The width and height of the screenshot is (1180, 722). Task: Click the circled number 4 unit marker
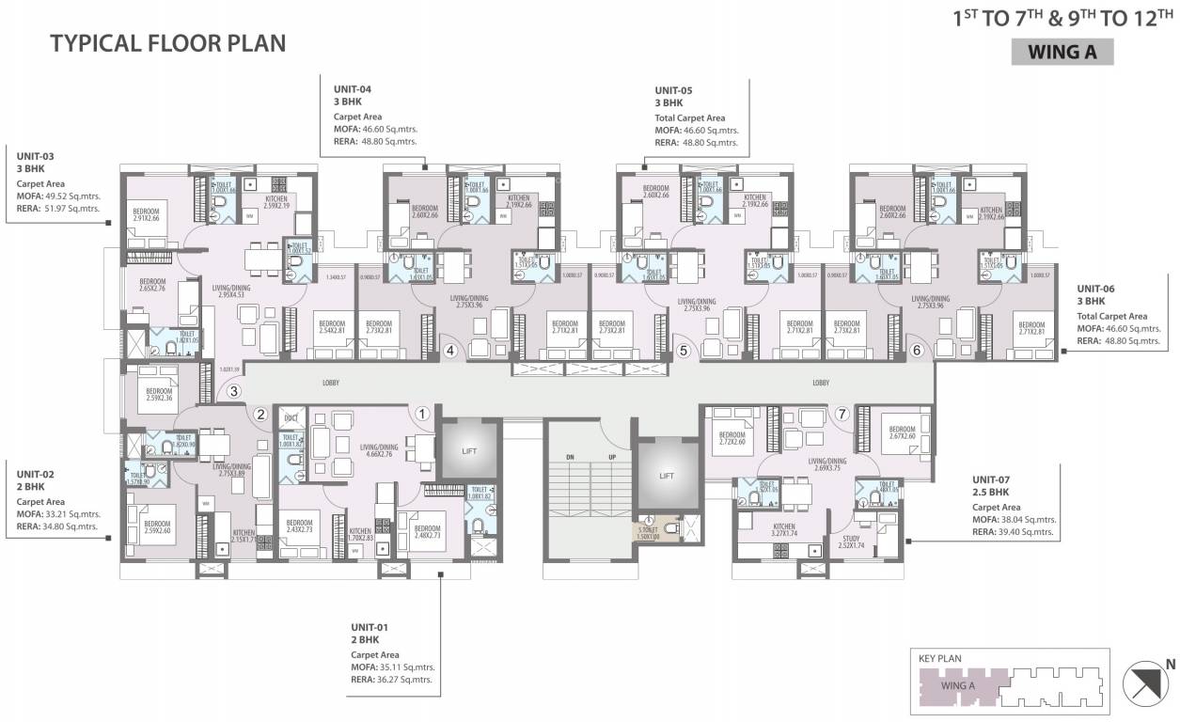pos(450,352)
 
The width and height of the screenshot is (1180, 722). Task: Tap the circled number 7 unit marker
pos(842,413)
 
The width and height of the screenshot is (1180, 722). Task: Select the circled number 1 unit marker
pos(423,412)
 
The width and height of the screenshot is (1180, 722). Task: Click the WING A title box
pos(1062,52)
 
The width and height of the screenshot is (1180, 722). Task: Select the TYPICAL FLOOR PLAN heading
pos(167,43)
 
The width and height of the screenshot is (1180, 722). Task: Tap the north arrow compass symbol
pos(1145,684)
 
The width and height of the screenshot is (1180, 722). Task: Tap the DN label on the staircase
pos(570,457)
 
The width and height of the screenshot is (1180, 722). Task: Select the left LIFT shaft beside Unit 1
pos(469,451)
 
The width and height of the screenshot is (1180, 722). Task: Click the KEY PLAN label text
pos(941,659)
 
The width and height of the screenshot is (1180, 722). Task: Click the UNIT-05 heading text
pos(676,90)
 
